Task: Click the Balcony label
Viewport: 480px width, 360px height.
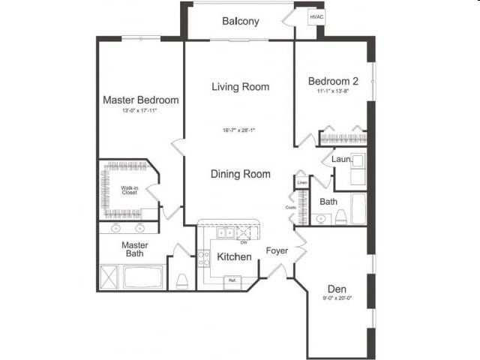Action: (x=240, y=21)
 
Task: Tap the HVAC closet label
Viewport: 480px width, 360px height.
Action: (x=307, y=16)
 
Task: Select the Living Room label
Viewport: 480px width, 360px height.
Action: (x=240, y=87)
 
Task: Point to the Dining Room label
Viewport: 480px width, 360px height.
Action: (x=240, y=174)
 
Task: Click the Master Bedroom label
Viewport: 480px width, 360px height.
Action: (x=140, y=100)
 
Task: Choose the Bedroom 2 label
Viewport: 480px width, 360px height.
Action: (x=333, y=81)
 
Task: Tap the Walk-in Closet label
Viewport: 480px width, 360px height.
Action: (x=130, y=189)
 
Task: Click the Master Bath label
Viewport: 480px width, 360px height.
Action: (x=135, y=249)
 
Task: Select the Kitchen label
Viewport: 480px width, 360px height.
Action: (x=234, y=257)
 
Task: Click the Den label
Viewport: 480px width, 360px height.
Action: (x=335, y=288)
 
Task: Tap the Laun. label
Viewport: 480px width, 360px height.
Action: (x=341, y=159)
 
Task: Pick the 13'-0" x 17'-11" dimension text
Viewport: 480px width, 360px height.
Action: (x=139, y=111)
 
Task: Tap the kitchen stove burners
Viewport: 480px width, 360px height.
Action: (x=203, y=259)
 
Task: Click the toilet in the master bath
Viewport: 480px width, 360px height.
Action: (x=181, y=280)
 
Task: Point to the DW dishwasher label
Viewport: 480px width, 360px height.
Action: (x=243, y=241)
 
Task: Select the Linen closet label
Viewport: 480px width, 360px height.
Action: (x=302, y=183)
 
